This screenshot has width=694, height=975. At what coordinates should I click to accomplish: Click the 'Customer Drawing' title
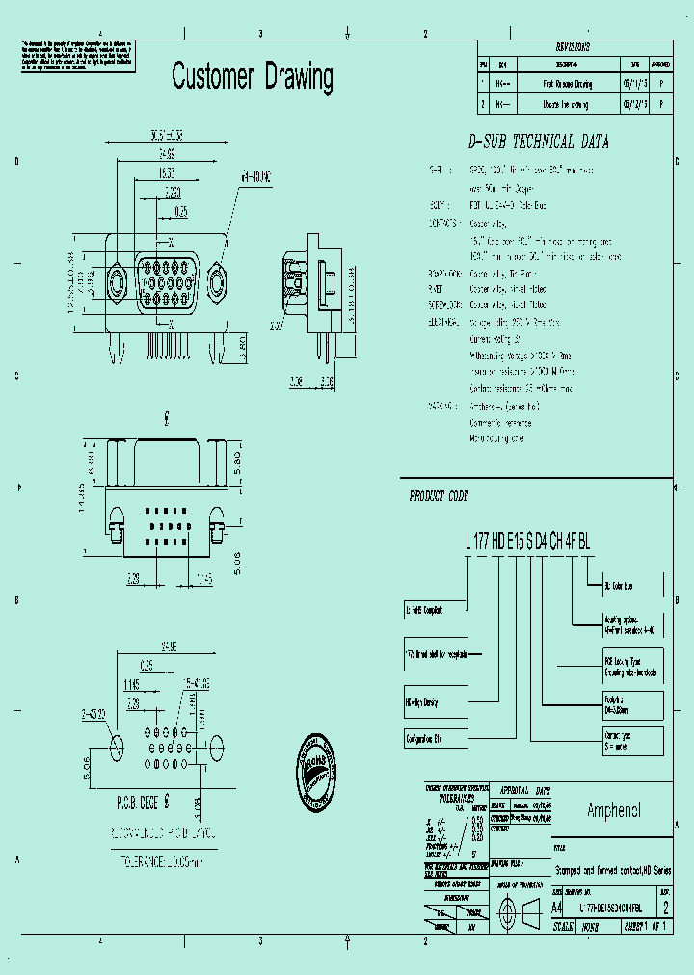pyautogui.click(x=253, y=77)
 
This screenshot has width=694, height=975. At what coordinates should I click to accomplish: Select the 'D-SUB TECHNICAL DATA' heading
pyautogui.click(x=538, y=142)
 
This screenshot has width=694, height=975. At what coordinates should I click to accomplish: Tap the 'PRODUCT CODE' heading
pyautogui.click(x=439, y=496)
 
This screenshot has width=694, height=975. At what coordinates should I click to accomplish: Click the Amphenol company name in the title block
pyautogui.click(x=613, y=810)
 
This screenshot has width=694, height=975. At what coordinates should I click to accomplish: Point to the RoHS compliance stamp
pyautogui.click(x=317, y=772)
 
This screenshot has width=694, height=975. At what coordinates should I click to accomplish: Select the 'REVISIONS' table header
pyautogui.click(x=574, y=46)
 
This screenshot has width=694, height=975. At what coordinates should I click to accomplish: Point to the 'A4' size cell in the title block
pyautogui.click(x=557, y=907)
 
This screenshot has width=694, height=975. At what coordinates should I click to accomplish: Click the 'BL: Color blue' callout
pyautogui.click(x=622, y=584)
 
